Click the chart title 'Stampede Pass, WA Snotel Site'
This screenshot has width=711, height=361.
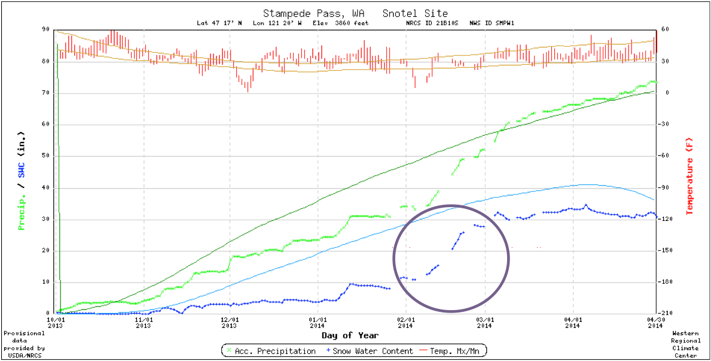(355, 13)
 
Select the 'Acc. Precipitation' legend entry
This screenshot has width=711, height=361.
(271, 351)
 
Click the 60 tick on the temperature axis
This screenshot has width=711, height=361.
(664, 29)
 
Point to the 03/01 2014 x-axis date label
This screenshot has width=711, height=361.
(484, 322)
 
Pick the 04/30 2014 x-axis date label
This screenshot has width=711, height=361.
(656, 322)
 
